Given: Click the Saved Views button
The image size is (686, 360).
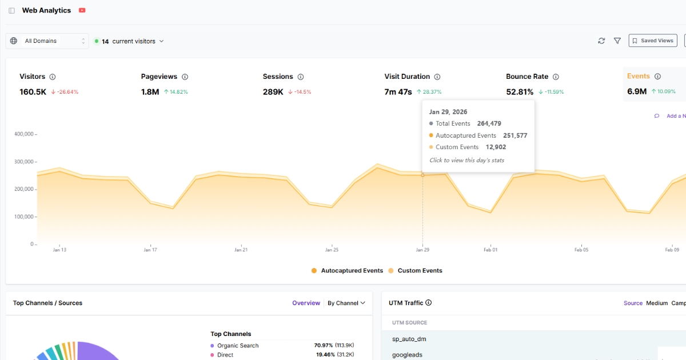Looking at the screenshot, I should tap(652, 41).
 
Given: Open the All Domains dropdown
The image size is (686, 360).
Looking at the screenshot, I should tap(47, 41).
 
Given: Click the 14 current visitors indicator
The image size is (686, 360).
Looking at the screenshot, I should tap(129, 41).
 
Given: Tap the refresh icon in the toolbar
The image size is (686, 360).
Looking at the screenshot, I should tap(601, 41).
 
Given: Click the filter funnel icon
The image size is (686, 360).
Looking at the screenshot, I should tap(617, 41).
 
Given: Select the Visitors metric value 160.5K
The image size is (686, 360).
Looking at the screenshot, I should tap(33, 91).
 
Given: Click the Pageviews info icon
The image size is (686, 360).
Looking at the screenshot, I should tap(185, 77).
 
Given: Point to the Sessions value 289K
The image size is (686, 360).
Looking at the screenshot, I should tap(273, 91).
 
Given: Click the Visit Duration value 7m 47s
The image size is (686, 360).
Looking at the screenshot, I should tap(398, 91).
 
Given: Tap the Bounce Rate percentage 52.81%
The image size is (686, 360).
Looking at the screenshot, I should tap(520, 91).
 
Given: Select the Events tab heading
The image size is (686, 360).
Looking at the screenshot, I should tap(638, 76).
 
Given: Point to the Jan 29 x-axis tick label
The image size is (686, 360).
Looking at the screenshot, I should tap(422, 250).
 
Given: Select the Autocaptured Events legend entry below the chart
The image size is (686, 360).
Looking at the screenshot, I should tap(347, 271).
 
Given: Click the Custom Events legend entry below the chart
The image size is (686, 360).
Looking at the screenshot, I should tap(415, 271).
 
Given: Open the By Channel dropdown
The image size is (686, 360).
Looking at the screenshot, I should tap(346, 303).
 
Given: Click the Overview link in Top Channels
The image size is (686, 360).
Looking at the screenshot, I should tap(306, 303).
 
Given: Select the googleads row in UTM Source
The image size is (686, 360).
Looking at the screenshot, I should tap(408, 355).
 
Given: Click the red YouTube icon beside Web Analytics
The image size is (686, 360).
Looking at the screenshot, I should tap(82, 10).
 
